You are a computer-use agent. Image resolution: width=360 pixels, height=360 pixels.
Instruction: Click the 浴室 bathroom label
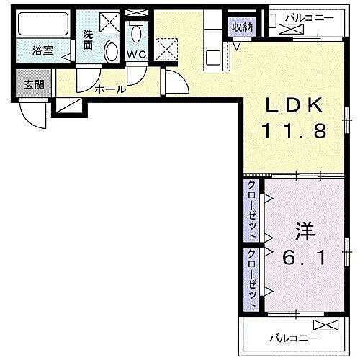click(43, 51)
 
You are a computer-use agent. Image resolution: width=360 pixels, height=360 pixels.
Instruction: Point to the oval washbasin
click(112, 51)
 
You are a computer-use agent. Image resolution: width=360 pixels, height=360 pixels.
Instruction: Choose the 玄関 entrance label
click(33, 84)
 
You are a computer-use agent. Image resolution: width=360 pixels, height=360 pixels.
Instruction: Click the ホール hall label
click(111, 90)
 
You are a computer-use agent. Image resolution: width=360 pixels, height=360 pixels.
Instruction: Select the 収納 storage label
click(242, 27)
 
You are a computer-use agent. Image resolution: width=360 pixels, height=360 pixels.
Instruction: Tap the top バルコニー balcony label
click(308, 16)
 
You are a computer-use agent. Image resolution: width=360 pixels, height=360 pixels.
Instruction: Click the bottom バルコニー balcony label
click(294, 336)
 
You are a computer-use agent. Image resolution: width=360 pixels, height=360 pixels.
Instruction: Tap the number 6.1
click(302, 257)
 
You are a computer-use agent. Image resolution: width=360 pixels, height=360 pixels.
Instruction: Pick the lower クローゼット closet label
click(253, 276)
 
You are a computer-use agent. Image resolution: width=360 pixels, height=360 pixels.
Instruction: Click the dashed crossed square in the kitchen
click(168, 49)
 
